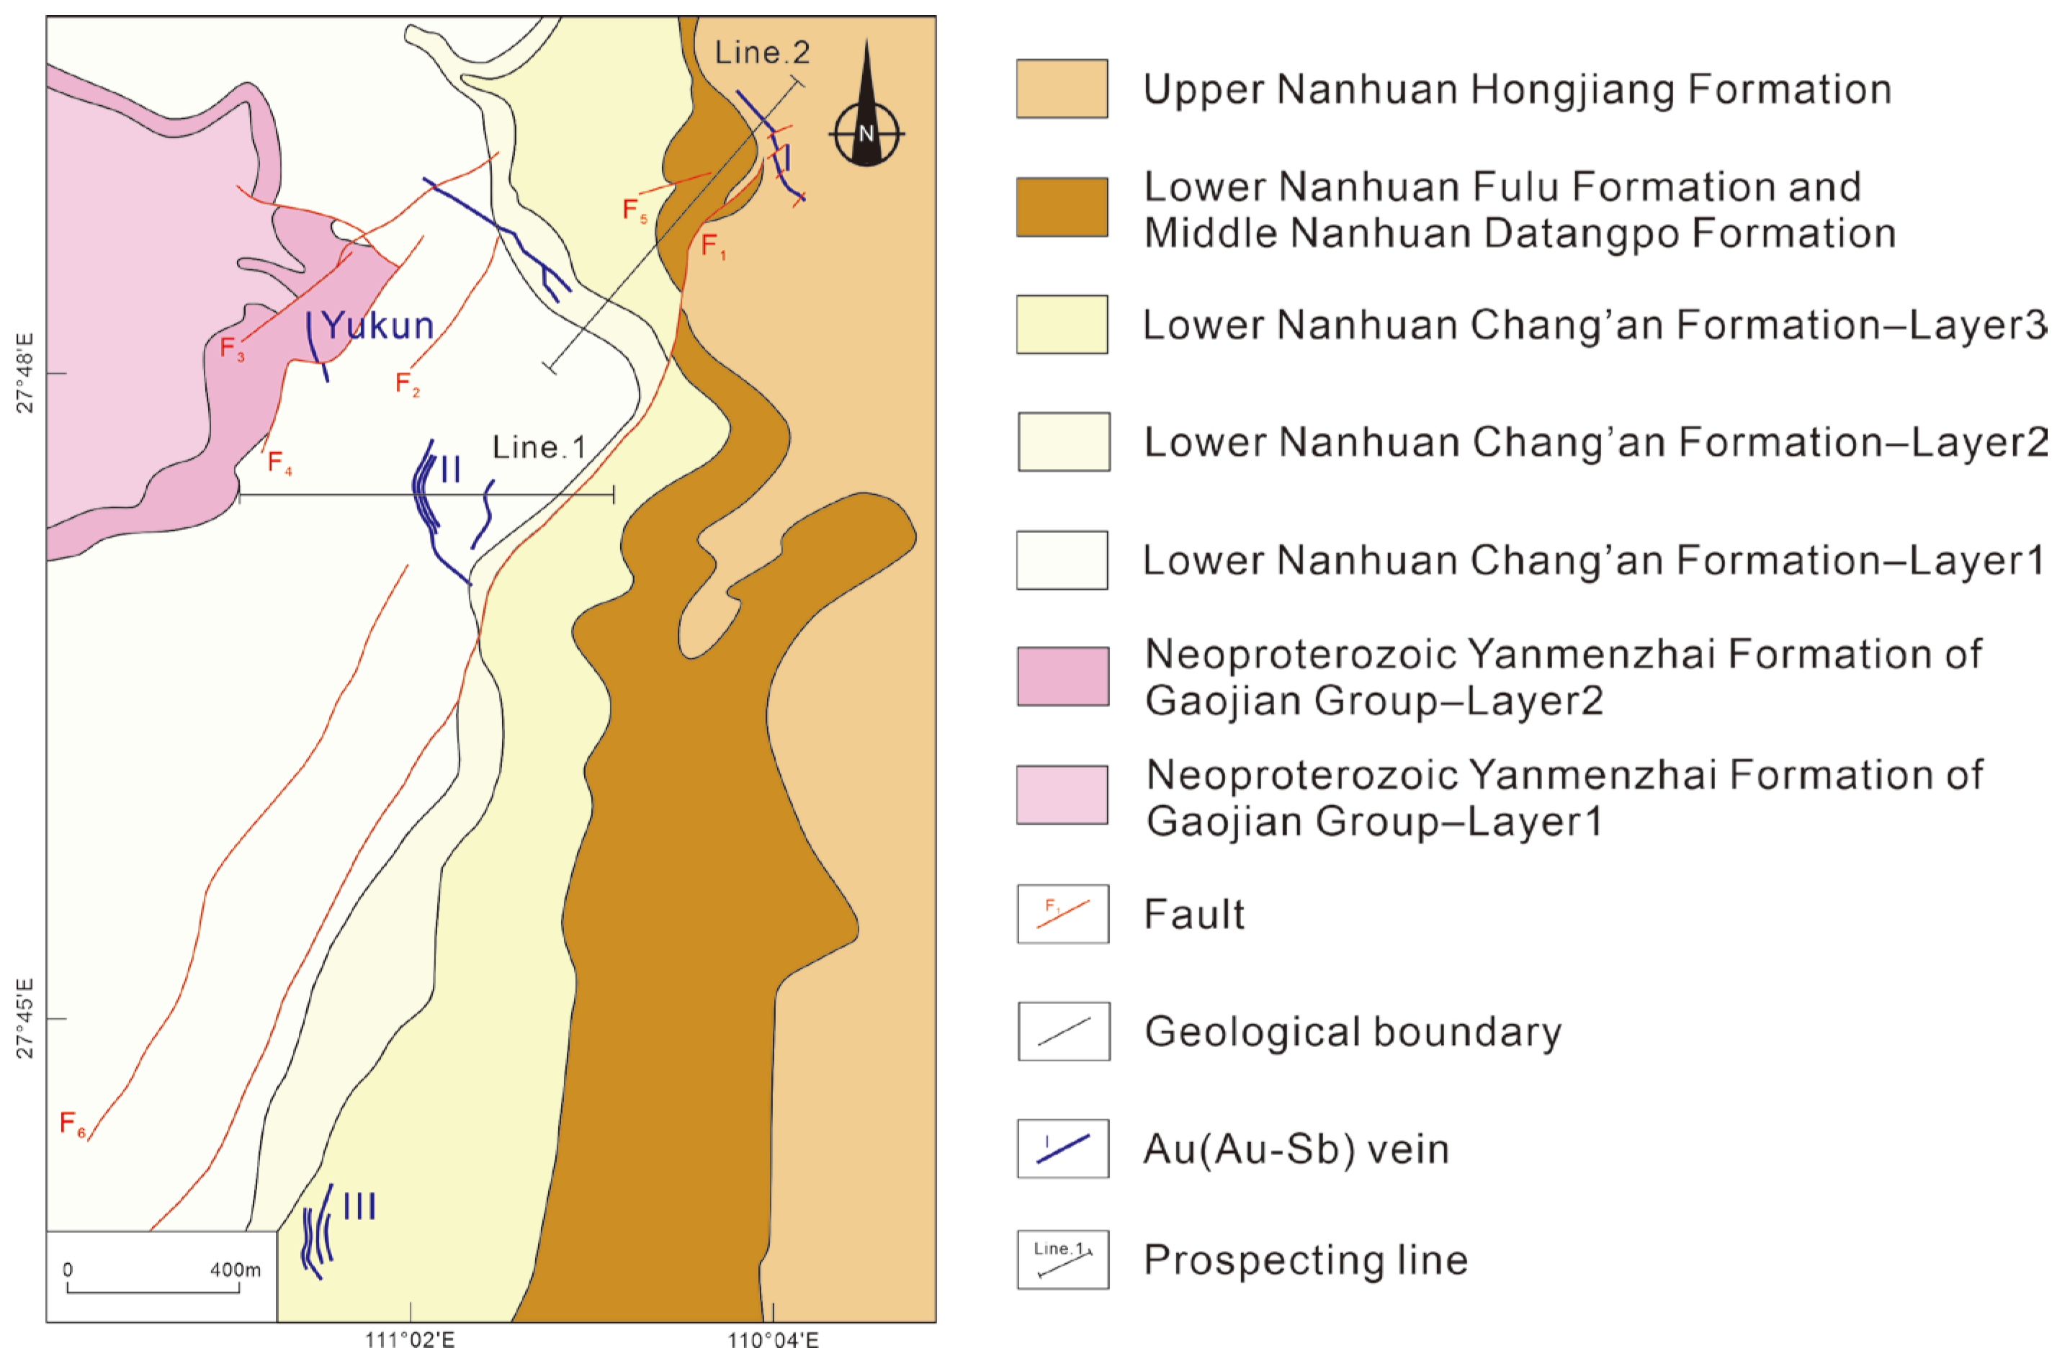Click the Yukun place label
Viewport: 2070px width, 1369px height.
click(377, 326)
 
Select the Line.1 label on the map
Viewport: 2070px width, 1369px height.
click(539, 447)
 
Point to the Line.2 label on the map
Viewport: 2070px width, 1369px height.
click(761, 53)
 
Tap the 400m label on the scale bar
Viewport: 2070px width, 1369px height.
click(235, 1270)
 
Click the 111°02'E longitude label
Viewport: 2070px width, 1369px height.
click(409, 1340)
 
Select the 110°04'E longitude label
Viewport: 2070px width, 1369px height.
click(773, 1340)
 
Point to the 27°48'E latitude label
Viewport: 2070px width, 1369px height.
click(25, 373)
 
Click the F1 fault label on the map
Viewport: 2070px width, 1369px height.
click(712, 246)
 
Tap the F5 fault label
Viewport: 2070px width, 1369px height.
click(634, 210)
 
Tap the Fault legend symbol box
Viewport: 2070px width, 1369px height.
click(1062, 913)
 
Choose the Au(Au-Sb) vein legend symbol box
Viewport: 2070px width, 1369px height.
click(1062, 1148)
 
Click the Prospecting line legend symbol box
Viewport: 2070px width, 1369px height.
click(1062, 1259)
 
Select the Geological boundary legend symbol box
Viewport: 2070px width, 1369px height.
click(1062, 1031)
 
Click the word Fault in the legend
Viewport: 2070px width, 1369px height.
click(1193, 914)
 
